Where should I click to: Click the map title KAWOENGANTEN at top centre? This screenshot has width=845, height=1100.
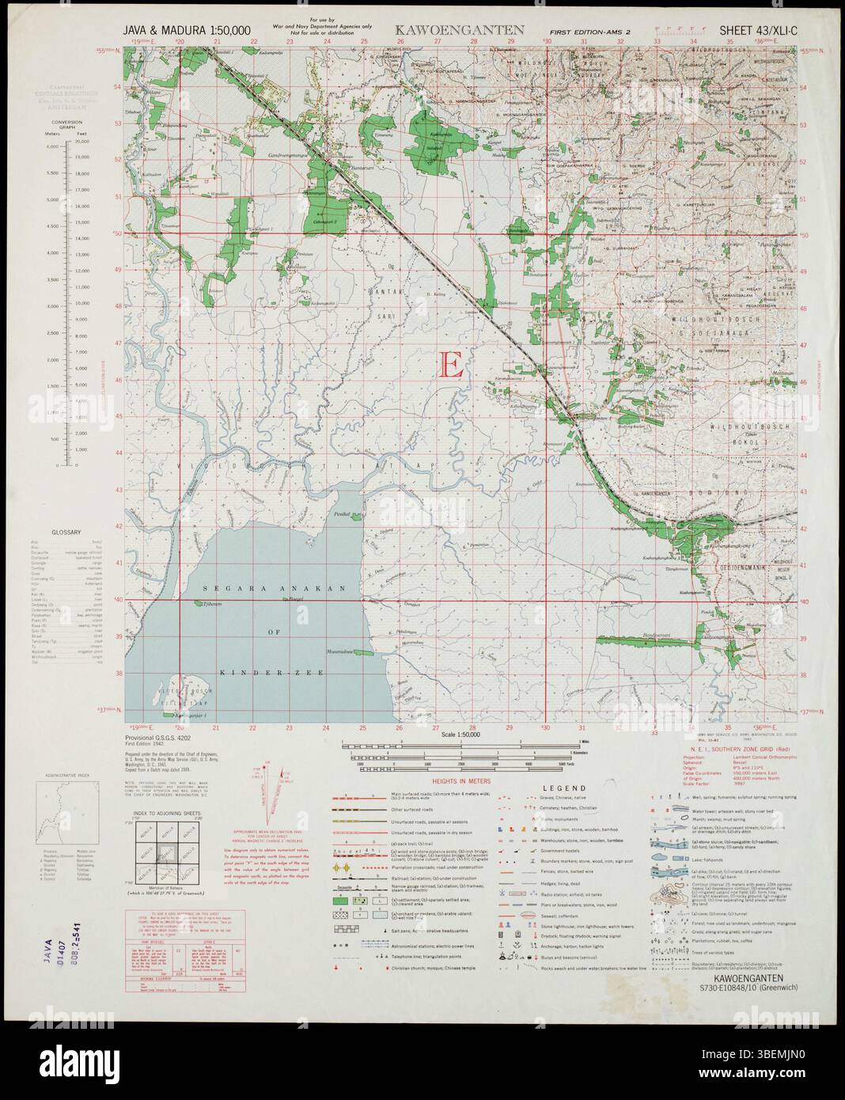click(x=454, y=31)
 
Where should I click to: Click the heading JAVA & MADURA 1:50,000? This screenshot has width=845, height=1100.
click(x=188, y=31)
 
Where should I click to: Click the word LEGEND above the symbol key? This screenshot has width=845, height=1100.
click(x=564, y=788)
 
